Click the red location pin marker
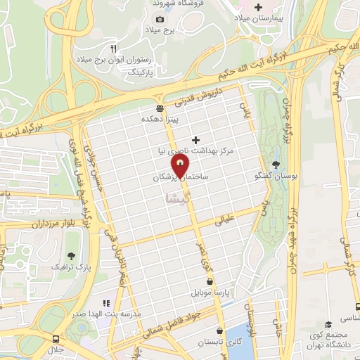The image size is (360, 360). point(181,166)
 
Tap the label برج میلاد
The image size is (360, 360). point(179,30)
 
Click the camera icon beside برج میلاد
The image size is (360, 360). point(160,20)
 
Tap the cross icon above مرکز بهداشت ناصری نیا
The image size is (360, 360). point(196,140)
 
